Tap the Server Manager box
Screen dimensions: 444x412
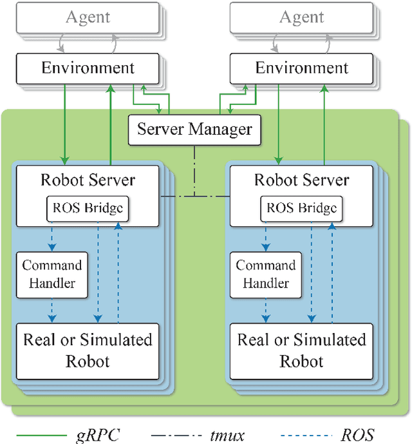[194, 130]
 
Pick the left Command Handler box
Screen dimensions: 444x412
[52, 274]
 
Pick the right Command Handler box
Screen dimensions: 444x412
[266, 274]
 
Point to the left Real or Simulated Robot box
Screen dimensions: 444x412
[88, 350]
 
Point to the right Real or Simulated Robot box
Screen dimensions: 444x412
[301, 350]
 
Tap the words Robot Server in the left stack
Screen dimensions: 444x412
[88, 180]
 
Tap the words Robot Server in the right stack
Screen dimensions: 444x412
[301, 180]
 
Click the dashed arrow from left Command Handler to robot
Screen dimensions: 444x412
[52, 309]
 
